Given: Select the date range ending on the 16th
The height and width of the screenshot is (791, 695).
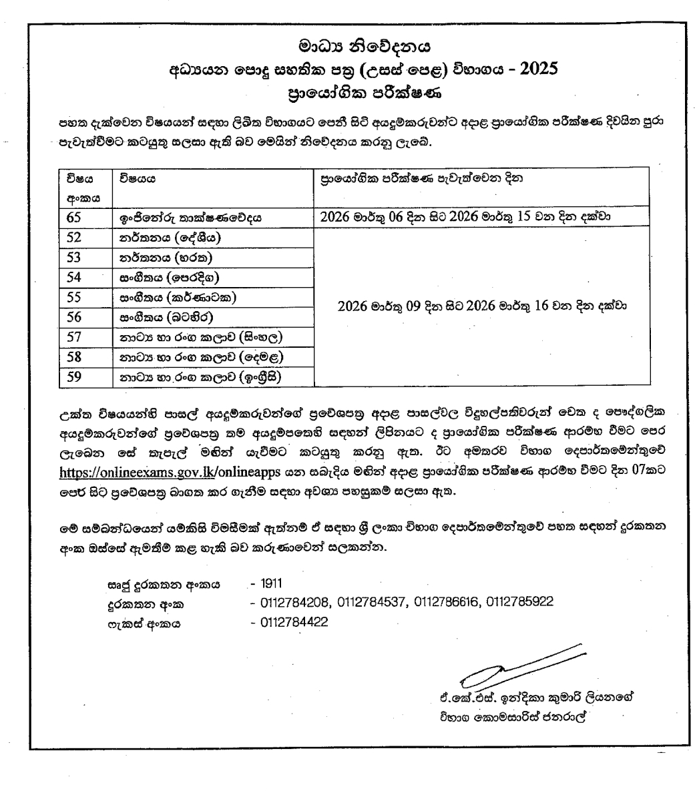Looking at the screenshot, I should [x=482, y=306].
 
